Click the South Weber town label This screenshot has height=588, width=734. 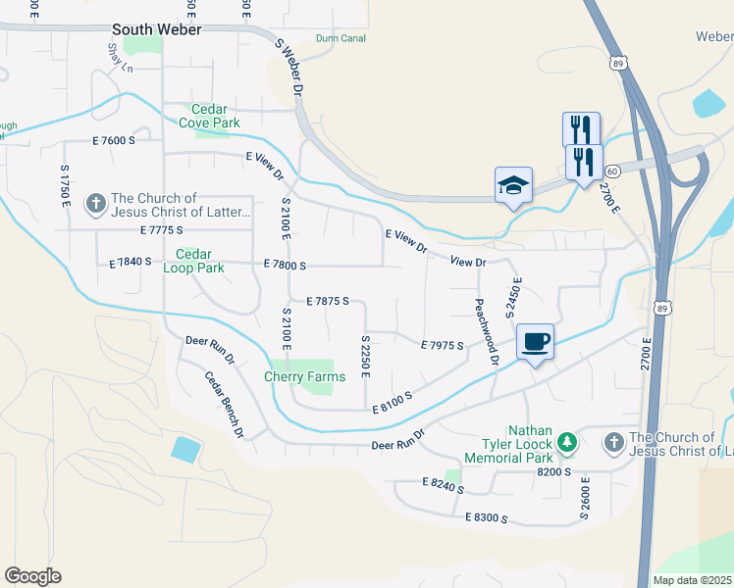(157, 30)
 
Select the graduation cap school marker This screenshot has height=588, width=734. (513, 185)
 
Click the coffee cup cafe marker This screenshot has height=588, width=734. (535, 342)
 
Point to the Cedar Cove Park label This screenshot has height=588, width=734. (208, 116)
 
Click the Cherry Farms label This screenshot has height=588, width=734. (305, 376)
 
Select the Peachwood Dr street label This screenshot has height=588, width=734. (488, 332)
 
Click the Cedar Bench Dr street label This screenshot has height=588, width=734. (224, 403)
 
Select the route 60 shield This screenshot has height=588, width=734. (610, 171)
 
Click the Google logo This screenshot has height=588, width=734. (32, 576)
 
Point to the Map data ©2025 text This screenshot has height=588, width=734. (692, 580)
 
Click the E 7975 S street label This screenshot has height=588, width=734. (442, 346)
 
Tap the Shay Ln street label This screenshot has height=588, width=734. (120, 58)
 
